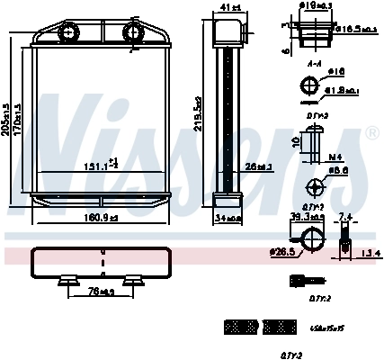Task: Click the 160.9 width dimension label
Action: [101, 217]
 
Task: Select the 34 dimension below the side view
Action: [228, 217]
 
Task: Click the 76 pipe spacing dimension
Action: [101, 291]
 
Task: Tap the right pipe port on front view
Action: [133, 33]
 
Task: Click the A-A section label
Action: [314, 65]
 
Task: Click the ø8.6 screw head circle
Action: [316, 188]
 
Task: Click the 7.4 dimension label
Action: [346, 216]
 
